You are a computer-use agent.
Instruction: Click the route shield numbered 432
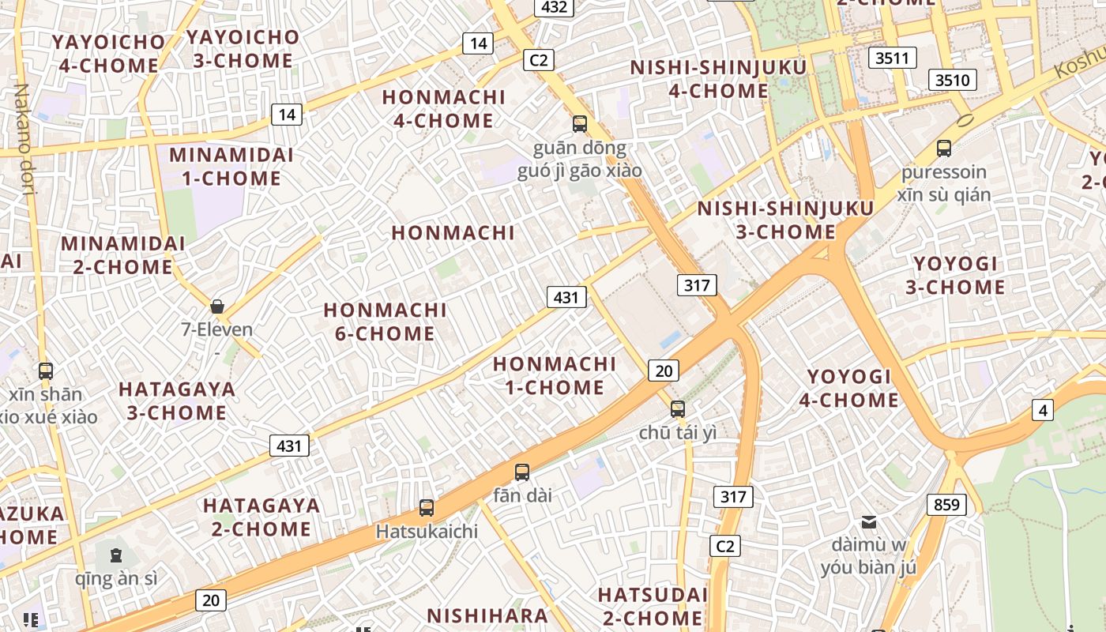[554, 7]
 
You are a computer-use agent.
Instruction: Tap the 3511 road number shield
[893, 57]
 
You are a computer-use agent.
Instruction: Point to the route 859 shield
[946, 504]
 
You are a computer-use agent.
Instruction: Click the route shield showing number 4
[1043, 410]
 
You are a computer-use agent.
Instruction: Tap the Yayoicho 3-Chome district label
[242, 48]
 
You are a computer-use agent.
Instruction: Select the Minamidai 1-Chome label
[231, 166]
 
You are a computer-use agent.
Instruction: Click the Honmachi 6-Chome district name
[385, 322]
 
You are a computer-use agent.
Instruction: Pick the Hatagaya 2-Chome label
[261, 517]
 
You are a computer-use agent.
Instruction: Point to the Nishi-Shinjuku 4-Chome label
[718, 79]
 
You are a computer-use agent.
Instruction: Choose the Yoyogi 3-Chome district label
[955, 275]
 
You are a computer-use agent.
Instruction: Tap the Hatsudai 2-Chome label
[653, 605]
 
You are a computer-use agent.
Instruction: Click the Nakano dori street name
[25, 138]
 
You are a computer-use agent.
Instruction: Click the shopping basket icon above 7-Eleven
[217, 306]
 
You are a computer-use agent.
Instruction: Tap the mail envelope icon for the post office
[869, 521]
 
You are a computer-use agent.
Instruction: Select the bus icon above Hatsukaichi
[427, 507]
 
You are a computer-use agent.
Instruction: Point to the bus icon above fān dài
[521, 472]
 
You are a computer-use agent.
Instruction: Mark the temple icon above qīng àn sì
[116, 555]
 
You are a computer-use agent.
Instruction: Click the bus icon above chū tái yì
[677, 408]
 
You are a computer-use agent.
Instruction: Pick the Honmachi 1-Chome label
[554, 375]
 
